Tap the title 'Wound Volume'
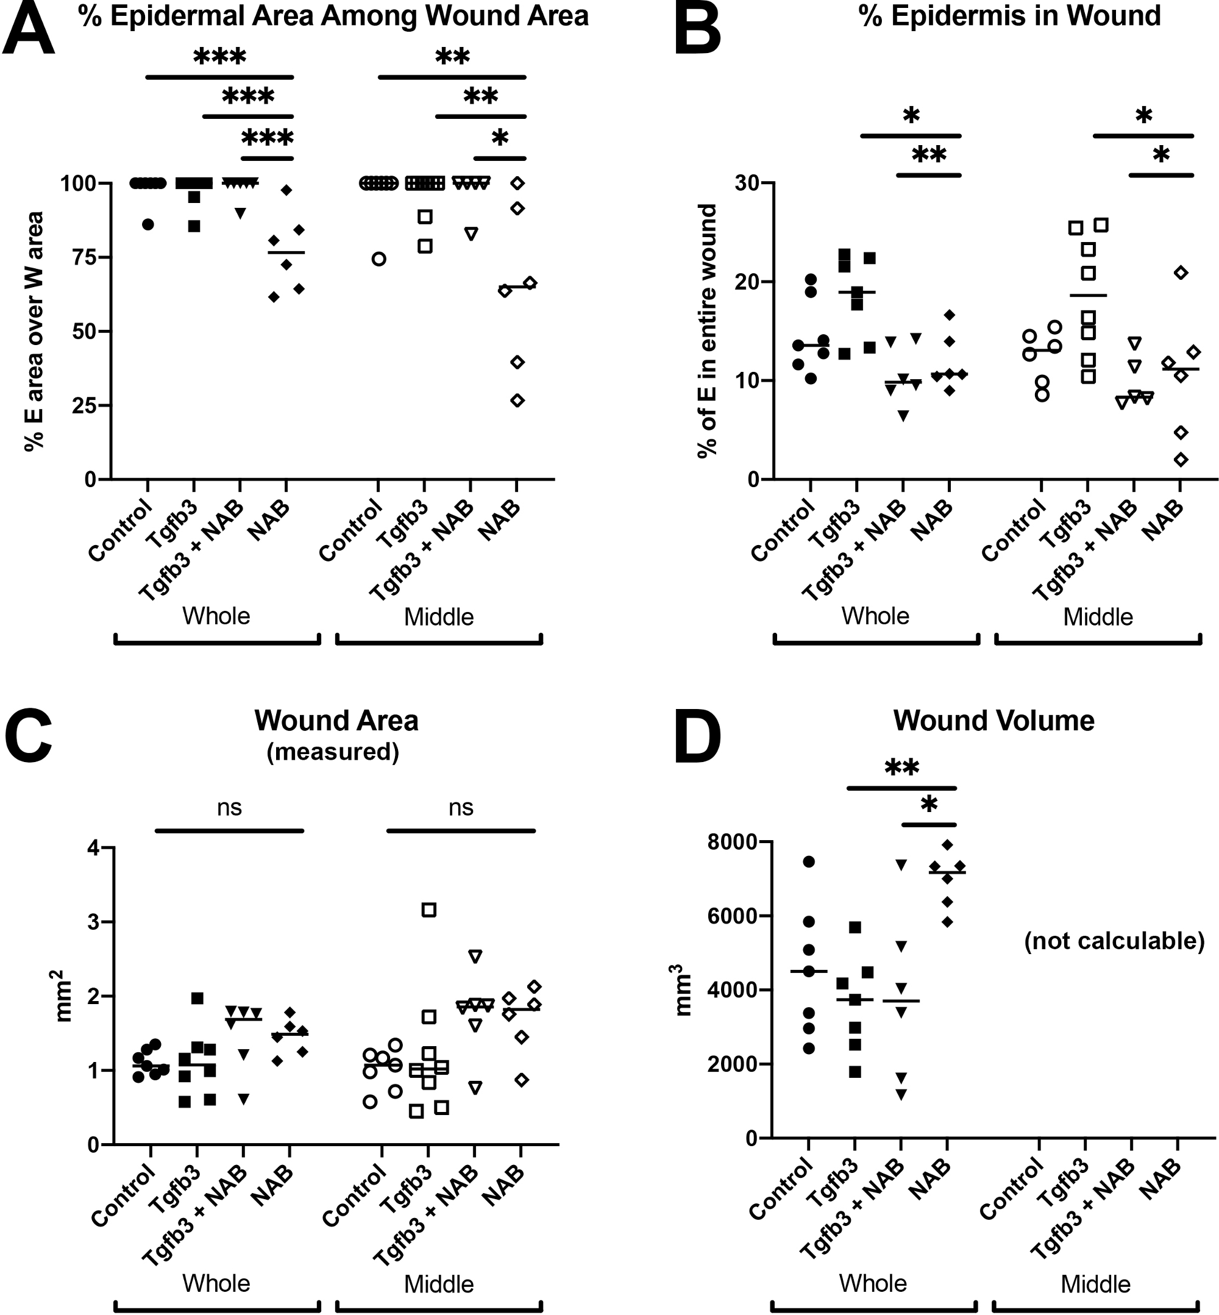click(x=993, y=721)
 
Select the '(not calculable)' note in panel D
click(x=1114, y=941)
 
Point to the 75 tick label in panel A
click(x=84, y=257)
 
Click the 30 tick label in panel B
click(x=747, y=183)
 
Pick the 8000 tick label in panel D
click(x=730, y=843)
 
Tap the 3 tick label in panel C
click(x=94, y=922)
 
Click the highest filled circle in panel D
click(x=809, y=861)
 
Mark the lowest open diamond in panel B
click(x=1181, y=460)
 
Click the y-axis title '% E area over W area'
click(x=34, y=331)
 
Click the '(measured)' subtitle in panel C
click(x=333, y=752)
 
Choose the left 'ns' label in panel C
click(x=229, y=808)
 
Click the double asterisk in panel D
click(x=901, y=768)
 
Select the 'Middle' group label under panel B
click(x=1098, y=617)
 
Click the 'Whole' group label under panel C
click(x=216, y=1283)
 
